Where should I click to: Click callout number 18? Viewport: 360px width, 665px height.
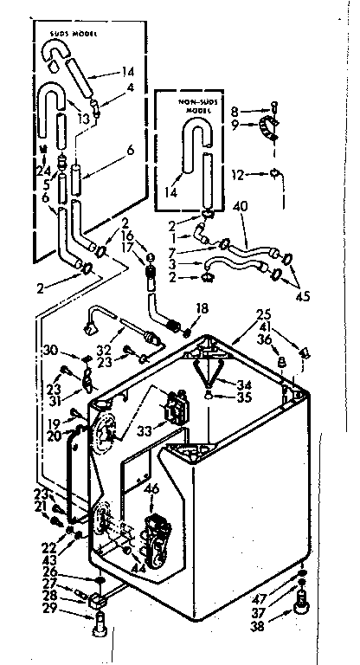(x=202, y=308)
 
